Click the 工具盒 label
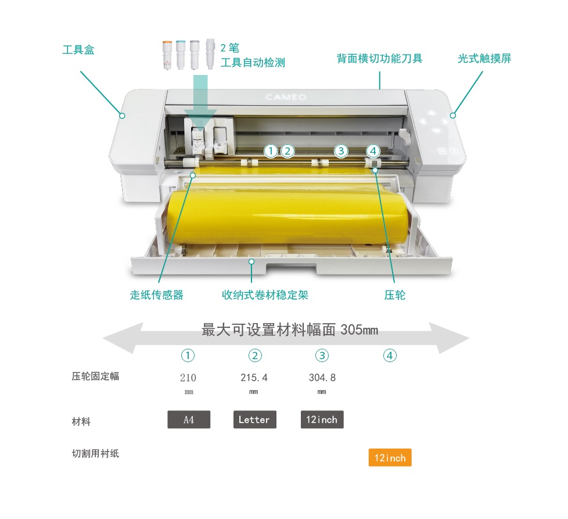point(78,50)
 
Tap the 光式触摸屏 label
point(484,59)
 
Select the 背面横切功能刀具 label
point(379,59)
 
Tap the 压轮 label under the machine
point(395,295)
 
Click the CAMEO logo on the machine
point(286,97)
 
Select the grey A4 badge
point(189,420)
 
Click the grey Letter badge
point(254,420)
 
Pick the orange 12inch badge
point(390,458)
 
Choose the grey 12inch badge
point(322,420)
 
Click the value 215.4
point(254,378)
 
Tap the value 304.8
point(322,378)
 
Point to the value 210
point(189,378)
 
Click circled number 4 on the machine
point(373,151)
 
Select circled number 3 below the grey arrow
point(322,356)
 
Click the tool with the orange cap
point(166,53)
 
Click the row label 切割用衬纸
point(95,453)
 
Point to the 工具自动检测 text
point(253,63)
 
